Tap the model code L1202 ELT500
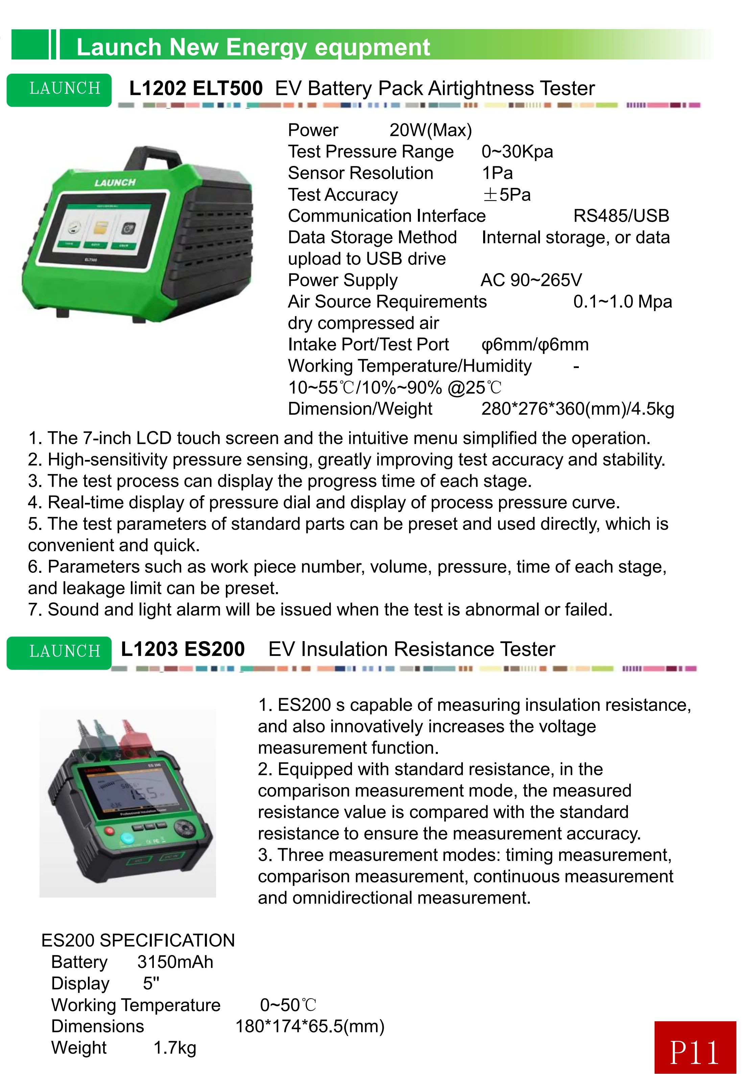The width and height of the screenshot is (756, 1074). click(196, 89)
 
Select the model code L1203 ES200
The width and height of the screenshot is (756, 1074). click(183, 649)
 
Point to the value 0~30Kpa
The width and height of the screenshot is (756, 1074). click(517, 151)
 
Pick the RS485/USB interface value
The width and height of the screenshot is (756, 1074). click(621, 216)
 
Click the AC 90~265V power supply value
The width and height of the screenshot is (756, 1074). click(531, 280)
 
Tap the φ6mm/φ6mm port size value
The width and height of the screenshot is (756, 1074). click(535, 345)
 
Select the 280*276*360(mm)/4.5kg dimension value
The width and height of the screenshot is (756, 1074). click(577, 409)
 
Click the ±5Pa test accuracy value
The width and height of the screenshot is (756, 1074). click(506, 195)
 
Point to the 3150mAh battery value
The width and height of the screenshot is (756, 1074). click(175, 962)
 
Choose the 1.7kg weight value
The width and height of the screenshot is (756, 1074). click(174, 1048)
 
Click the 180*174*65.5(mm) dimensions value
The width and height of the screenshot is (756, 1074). click(309, 1026)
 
